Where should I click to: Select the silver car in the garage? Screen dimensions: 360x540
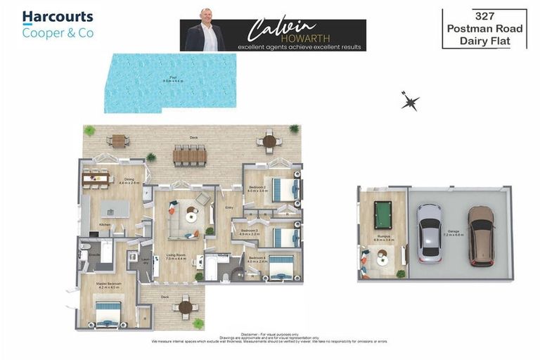point(429,232)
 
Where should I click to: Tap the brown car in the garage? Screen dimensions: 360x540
point(481,234)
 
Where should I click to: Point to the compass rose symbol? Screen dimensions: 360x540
point(410,101)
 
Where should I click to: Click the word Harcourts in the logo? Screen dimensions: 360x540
point(58,17)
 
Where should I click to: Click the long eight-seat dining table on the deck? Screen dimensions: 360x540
point(190,155)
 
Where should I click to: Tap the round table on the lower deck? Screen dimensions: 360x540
point(186,307)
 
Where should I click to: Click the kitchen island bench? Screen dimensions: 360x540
point(114,209)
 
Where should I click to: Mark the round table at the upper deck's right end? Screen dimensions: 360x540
point(269,141)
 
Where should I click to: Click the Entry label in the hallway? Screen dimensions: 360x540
point(229,207)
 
